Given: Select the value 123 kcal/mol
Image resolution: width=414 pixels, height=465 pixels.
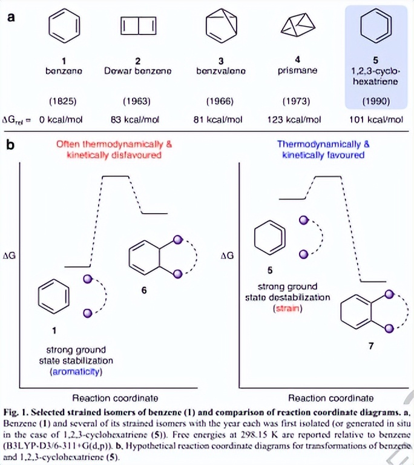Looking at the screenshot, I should (294, 120).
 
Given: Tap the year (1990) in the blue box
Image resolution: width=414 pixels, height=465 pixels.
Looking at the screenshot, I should (375, 101).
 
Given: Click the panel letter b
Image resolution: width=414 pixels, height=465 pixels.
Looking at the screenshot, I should (10, 145).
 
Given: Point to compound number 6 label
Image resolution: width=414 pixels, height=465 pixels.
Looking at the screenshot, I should (143, 291).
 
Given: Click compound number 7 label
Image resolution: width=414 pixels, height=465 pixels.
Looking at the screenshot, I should (370, 346).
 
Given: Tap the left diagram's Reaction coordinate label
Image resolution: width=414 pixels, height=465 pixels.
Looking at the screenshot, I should (114, 398).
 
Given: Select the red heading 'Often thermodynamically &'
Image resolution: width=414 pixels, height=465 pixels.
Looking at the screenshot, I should (114, 145).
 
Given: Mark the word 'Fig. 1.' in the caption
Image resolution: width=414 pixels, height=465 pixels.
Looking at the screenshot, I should (18, 410).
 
